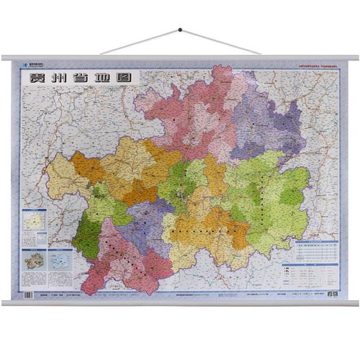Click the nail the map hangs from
[x=180, y=30]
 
